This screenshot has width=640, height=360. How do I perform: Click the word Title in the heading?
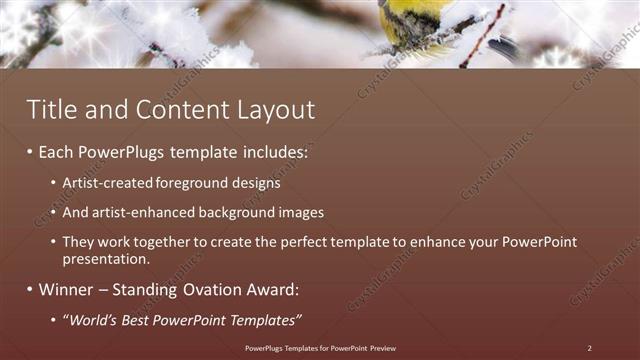50,110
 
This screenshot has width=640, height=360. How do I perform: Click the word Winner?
66,290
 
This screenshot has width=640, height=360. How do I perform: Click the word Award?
271,290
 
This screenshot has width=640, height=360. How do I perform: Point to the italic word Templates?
265,320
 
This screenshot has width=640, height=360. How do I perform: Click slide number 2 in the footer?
589,348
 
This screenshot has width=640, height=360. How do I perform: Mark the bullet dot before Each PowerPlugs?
29,154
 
